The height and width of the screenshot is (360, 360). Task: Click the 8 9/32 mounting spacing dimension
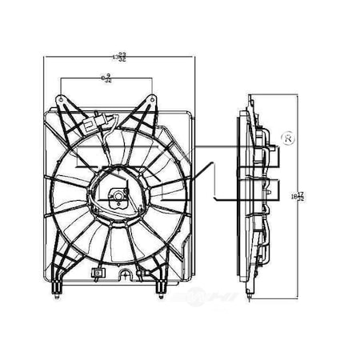click(x=106, y=78)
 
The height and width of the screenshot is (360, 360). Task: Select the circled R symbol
click(x=290, y=140)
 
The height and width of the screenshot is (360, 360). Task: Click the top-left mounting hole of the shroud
click(x=60, y=96)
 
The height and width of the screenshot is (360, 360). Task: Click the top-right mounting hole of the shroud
click(x=152, y=96)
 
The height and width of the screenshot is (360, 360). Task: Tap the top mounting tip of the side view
click(x=250, y=99)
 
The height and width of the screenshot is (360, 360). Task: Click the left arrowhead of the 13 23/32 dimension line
click(x=47, y=57)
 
